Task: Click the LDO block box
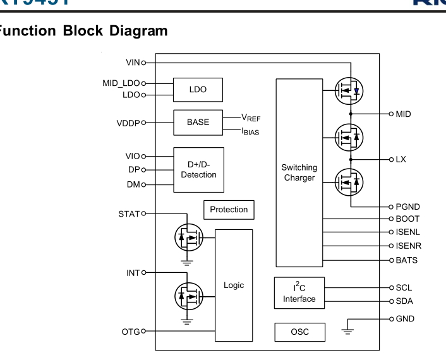click(x=198, y=90)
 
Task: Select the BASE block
click(x=198, y=122)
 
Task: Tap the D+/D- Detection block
click(x=198, y=169)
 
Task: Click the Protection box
click(x=229, y=210)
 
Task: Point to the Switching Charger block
click(x=299, y=172)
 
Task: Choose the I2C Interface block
click(x=299, y=293)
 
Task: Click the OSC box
click(x=299, y=332)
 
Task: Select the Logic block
click(x=234, y=285)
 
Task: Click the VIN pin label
click(x=132, y=63)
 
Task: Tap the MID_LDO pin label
click(x=121, y=83)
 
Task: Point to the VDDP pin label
click(x=128, y=123)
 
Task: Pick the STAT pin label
click(x=128, y=213)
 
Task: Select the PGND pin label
click(x=407, y=207)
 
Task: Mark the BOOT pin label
click(x=407, y=219)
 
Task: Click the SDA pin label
click(x=404, y=301)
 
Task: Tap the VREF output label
click(x=251, y=118)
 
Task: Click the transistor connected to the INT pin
click(x=188, y=295)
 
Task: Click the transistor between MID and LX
click(x=349, y=136)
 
